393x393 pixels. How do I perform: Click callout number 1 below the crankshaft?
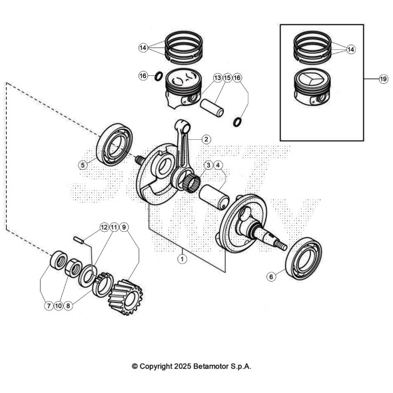(x=181, y=260)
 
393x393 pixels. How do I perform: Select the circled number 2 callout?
(x=206, y=139)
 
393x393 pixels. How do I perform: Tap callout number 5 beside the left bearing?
(x=83, y=165)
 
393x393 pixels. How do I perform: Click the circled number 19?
(x=383, y=79)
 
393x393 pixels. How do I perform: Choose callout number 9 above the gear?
(x=125, y=227)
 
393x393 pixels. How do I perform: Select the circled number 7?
(x=49, y=306)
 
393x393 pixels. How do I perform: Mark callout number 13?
(x=217, y=78)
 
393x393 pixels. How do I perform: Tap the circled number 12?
(x=103, y=227)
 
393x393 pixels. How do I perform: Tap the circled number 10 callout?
(x=59, y=306)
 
